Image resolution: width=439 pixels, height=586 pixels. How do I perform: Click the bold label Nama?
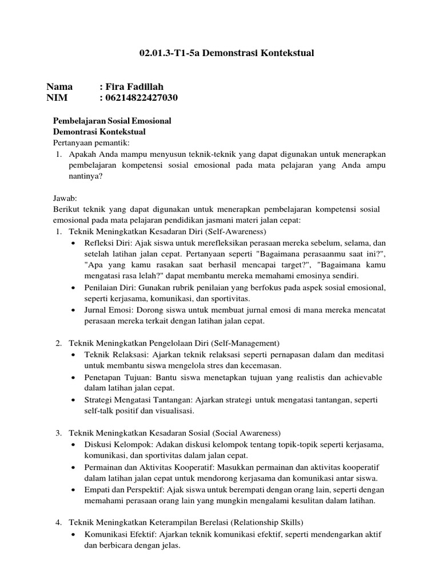click(59, 86)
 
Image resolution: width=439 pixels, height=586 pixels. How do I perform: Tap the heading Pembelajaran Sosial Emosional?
click(112, 121)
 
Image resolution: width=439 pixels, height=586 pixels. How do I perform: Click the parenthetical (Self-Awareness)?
click(235, 232)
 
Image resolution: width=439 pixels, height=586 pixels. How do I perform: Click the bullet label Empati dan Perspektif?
click(122, 489)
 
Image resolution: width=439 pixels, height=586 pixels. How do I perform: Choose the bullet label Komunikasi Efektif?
click(120, 533)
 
